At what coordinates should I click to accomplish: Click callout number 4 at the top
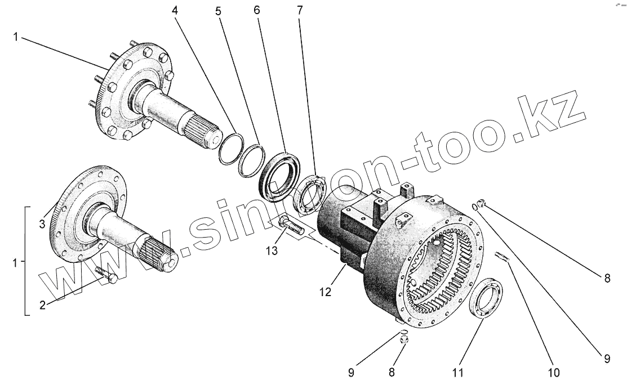(x=176, y=10)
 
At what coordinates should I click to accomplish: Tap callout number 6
(x=257, y=10)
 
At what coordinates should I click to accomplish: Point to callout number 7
(x=299, y=10)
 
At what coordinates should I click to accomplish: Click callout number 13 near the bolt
(x=272, y=251)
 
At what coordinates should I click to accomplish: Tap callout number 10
(x=554, y=372)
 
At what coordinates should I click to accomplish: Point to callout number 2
(x=42, y=306)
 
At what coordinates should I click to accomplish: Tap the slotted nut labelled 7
(x=309, y=195)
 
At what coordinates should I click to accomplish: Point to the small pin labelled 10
(x=502, y=257)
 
